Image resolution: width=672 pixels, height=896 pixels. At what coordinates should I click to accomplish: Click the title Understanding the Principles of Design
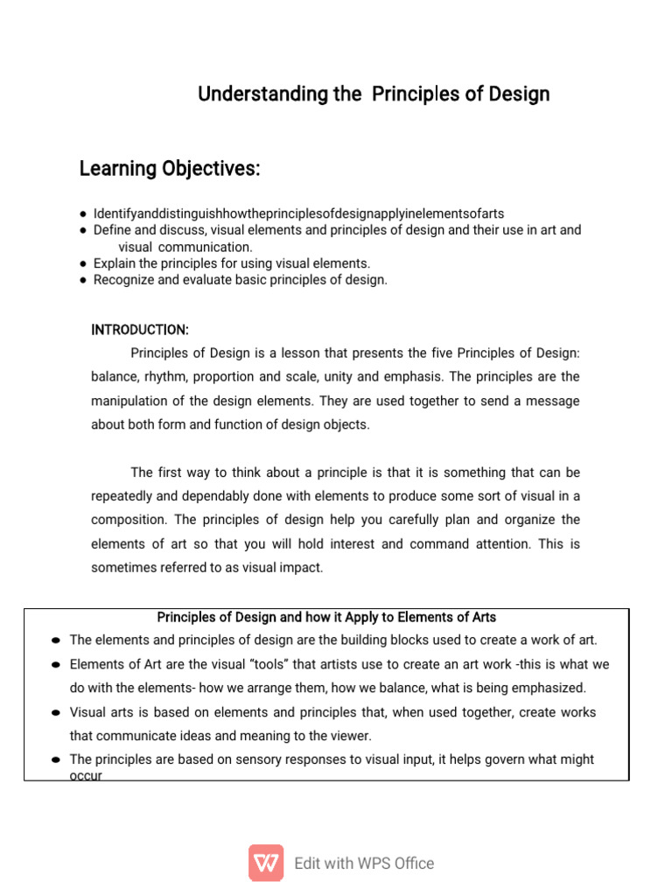click(374, 94)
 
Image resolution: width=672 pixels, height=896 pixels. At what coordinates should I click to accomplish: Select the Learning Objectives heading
click(170, 168)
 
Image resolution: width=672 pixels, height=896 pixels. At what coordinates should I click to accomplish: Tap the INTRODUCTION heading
click(140, 330)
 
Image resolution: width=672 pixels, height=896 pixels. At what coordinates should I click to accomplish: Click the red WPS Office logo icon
click(266, 863)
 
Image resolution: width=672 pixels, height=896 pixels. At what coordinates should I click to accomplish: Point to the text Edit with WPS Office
click(364, 864)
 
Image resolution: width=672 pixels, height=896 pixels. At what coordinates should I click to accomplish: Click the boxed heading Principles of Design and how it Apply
click(326, 618)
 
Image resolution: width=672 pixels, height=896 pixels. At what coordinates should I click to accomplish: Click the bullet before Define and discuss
click(82, 230)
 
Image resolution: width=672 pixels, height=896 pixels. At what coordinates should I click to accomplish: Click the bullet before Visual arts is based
click(56, 712)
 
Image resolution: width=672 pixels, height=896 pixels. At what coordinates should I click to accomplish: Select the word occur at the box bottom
click(86, 775)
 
